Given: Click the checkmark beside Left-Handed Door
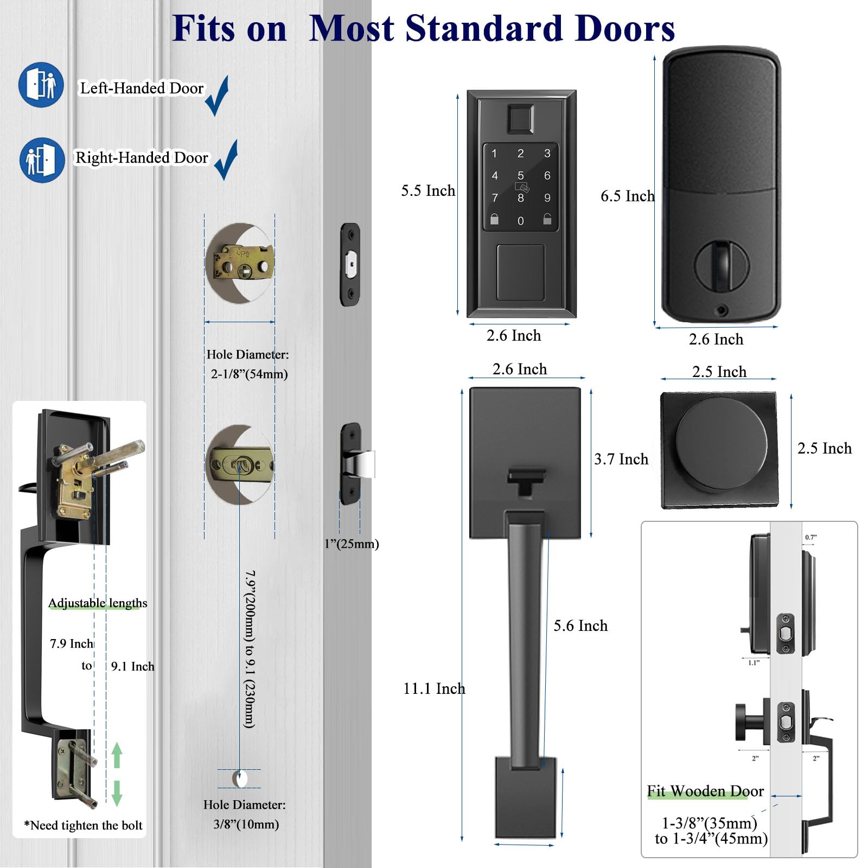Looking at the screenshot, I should [218, 95].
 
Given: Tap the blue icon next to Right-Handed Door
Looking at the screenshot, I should [42, 160].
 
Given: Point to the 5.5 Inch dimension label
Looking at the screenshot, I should [428, 191].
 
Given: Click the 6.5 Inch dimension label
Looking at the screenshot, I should [627, 196].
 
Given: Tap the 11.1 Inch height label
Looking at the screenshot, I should [433, 689].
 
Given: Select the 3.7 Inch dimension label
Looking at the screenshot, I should [621, 459].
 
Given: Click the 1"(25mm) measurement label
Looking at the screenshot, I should [352, 544].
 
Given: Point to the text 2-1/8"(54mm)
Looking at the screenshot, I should [249, 374].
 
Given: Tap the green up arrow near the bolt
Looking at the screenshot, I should [117, 755].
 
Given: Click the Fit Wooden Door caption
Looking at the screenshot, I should [705, 792].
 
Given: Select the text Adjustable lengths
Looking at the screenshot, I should [98, 603].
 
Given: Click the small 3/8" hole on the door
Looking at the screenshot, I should [239, 778].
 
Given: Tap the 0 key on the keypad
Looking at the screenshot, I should [520, 221].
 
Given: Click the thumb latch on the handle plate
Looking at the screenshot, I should [526, 480].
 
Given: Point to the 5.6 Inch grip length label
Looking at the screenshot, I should [580, 626].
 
